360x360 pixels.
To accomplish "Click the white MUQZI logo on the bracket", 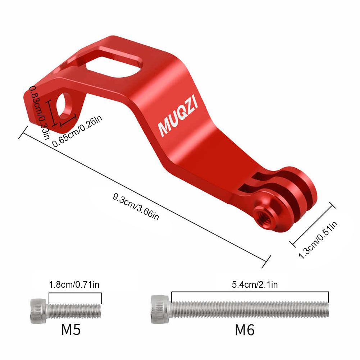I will coord(181,118).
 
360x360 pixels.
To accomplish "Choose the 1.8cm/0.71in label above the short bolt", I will coord(74,285).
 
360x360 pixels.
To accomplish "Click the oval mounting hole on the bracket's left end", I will coord(65,105).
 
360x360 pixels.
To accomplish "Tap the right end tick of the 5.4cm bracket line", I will coord(329,297).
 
